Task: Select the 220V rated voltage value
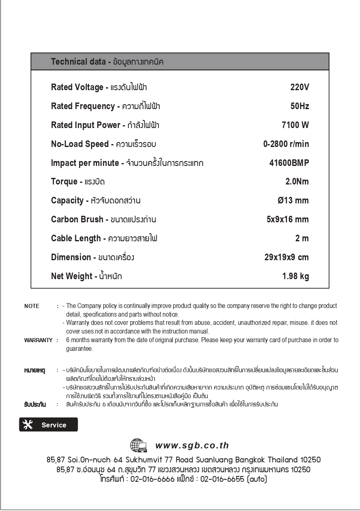click(299, 87)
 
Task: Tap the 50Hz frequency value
click(299, 106)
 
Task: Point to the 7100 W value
click(295, 125)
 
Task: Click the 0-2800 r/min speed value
click(286, 144)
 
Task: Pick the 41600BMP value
click(289, 163)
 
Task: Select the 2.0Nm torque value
click(297, 182)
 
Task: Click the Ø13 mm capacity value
click(293, 201)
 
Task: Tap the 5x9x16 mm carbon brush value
click(287, 219)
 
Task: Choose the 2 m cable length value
click(302, 238)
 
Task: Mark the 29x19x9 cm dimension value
click(286, 257)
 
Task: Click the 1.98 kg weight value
click(295, 276)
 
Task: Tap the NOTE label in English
click(32, 306)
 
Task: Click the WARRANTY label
click(38, 340)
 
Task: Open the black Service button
click(49, 425)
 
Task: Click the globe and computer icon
click(139, 446)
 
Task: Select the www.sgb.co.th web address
click(192, 446)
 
